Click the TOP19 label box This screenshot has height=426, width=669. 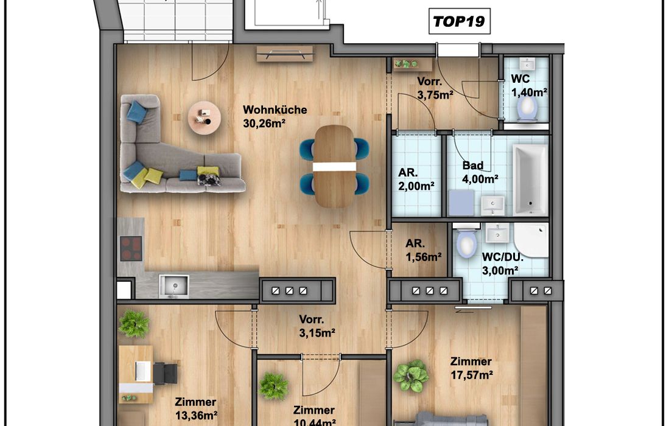pyautogui.click(x=459, y=21)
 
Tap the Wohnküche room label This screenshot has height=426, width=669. pyautogui.click(x=275, y=110)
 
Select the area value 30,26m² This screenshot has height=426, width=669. pyautogui.click(x=264, y=124)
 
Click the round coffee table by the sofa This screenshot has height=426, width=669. pyautogui.click(x=205, y=117)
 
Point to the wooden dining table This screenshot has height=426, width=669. pyautogui.click(x=335, y=166)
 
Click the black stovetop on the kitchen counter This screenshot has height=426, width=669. pyautogui.click(x=131, y=248)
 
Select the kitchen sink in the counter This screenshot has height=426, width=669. pyautogui.click(x=173, y=286)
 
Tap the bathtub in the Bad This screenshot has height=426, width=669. pyautogui.click(x=530, y=180)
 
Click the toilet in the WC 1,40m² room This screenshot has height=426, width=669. pyautogui.click(x=527, y=108)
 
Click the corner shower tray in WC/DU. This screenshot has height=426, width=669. pyautogui.click(x=531, y=240)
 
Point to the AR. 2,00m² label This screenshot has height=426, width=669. pyautogui.click(x=416, y=179)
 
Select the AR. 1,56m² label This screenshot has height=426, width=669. pyautogui.click(x=423, y=250)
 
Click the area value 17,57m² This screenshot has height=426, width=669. pyautogui.click(x=472, y=375)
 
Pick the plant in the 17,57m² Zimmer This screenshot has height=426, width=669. pyautogui.click(x=410, y=375)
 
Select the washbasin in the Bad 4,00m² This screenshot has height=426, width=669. pyautogui.click(x=493, y=206)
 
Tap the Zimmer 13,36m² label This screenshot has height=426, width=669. pyautogui.click(x=196, y=408)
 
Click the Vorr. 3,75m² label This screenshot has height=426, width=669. pyautogui.click(x=435, y=88)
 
